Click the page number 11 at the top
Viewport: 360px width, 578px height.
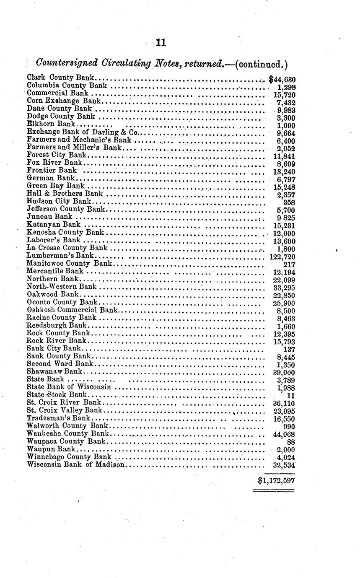pyautogui.click(x=161, y=42)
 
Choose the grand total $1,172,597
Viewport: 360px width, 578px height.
pyautogui.click(x=276, y=480)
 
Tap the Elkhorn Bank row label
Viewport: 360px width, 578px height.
pyautogui.click(x=50, y=124)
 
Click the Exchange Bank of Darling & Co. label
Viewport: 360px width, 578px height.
pyautogui.click(x=83, y=132)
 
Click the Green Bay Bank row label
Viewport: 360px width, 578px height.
pyautogui.click(x=55, y=186)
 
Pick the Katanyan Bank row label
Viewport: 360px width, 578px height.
pyautogui.click(x=53, y=225)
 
